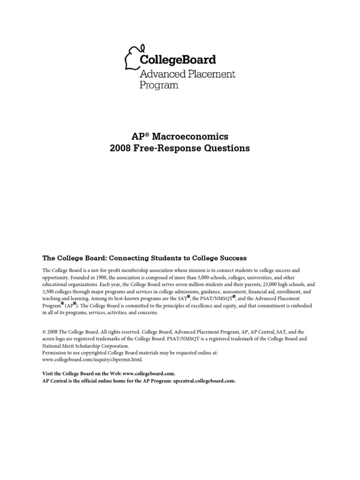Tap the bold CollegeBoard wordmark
click(178, 60)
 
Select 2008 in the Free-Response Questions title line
click(121, 149)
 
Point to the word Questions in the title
click(227, 149)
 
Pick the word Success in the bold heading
click(231, 258)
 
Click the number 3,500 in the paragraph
click(50, 292)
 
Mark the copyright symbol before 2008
click(45, 331)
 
